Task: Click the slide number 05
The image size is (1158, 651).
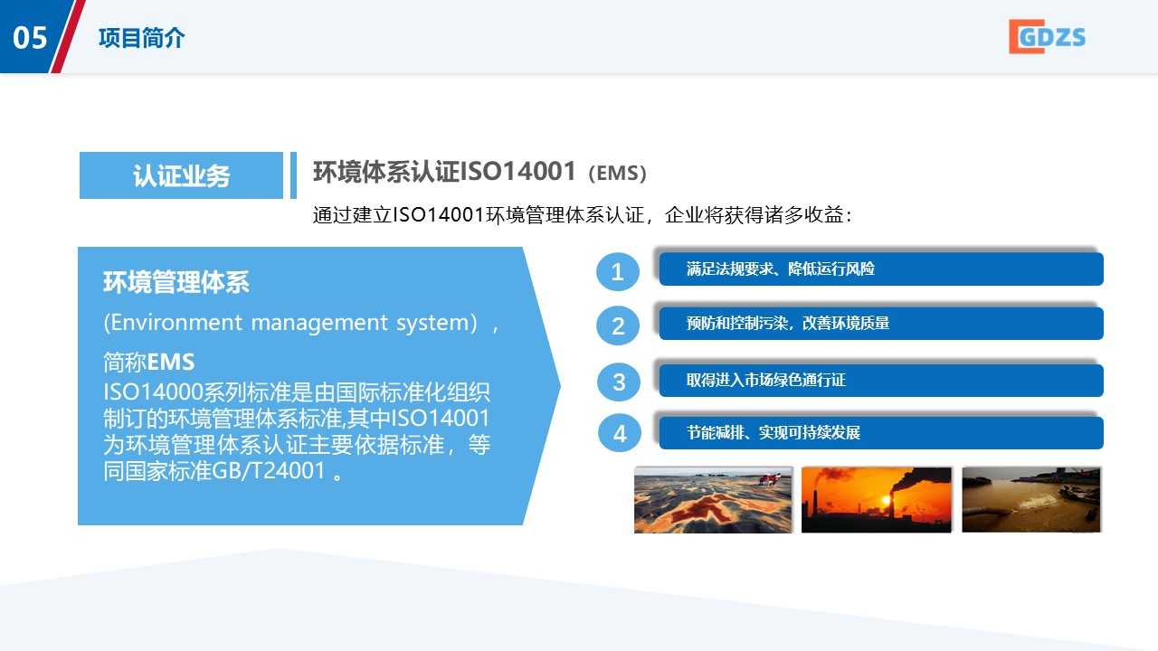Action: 30,38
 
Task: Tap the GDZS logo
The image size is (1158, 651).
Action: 1047,37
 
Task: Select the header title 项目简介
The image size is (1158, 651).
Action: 141,38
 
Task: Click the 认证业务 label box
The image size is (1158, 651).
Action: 181,175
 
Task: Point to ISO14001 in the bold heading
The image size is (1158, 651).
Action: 517,172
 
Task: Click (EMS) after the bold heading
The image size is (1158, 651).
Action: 617,173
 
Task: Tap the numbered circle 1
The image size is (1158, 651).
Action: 617,272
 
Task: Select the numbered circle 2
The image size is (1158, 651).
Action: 618,326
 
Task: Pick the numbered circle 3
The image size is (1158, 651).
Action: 619,382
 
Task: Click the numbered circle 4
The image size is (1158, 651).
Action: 620,433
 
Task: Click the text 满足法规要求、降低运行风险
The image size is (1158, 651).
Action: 780,269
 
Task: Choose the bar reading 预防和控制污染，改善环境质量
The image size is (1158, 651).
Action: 881,324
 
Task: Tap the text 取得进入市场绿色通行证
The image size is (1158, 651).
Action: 765,381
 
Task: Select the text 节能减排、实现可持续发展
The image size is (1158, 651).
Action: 773,432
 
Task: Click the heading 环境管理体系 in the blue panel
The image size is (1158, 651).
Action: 176,282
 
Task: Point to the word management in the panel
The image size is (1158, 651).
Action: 319,323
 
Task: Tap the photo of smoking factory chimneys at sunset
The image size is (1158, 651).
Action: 877,500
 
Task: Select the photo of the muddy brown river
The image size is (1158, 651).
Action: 1030,500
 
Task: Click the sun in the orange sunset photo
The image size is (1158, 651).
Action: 885,500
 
